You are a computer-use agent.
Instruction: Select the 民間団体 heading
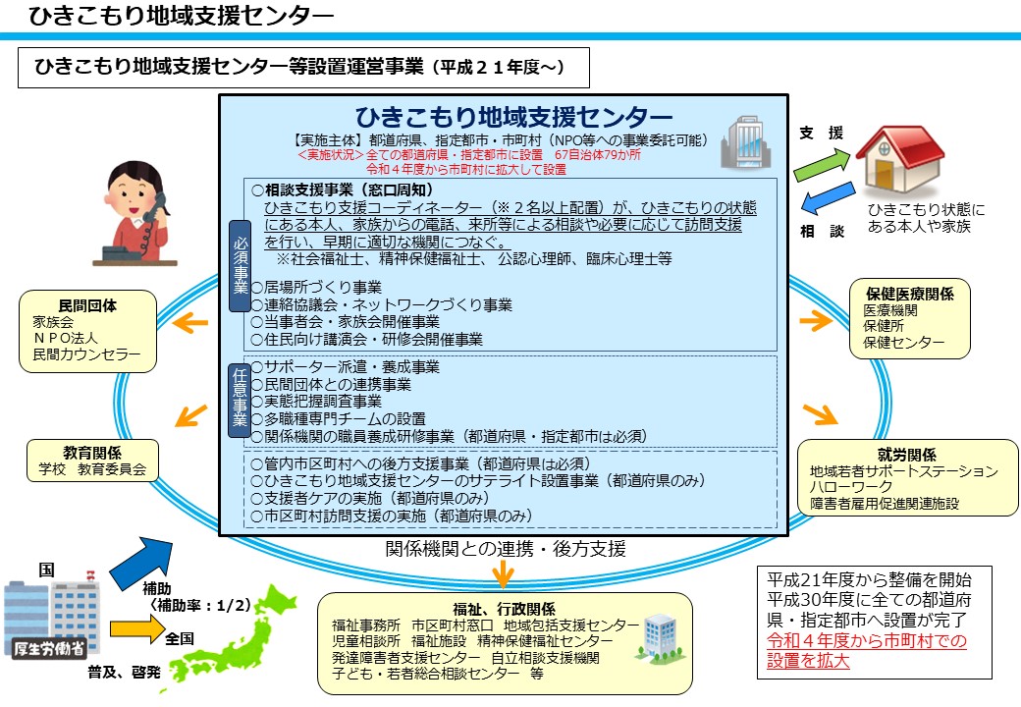pyautogui.click(x=87, y=304)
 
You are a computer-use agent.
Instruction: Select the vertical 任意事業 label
pyautogui.click(x=240, y=398)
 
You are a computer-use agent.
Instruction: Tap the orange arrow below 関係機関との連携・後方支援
pyautogui.click(x=504, y=571)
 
